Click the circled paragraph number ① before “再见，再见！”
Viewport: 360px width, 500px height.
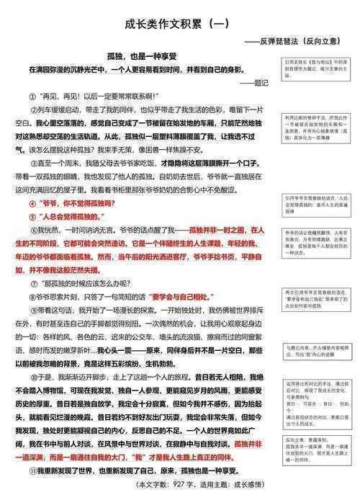pyautogui.click(x=33, y=96)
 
